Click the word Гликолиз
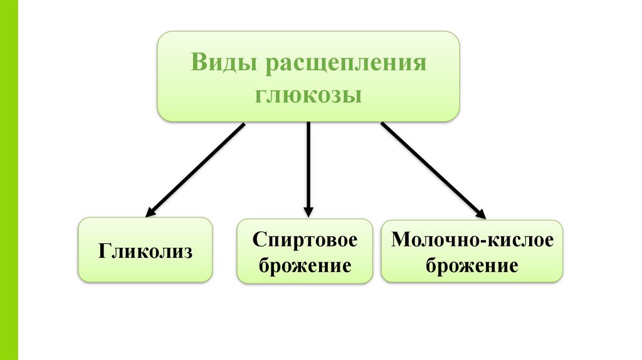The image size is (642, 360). coord(145,251)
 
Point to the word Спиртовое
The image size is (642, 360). coord(305,239)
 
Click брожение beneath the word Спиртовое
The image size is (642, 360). coord(305,266)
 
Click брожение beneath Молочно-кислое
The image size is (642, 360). coord(472,266)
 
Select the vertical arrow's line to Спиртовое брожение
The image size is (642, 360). coord(308,163)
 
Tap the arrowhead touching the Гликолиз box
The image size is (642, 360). coord(151,212)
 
